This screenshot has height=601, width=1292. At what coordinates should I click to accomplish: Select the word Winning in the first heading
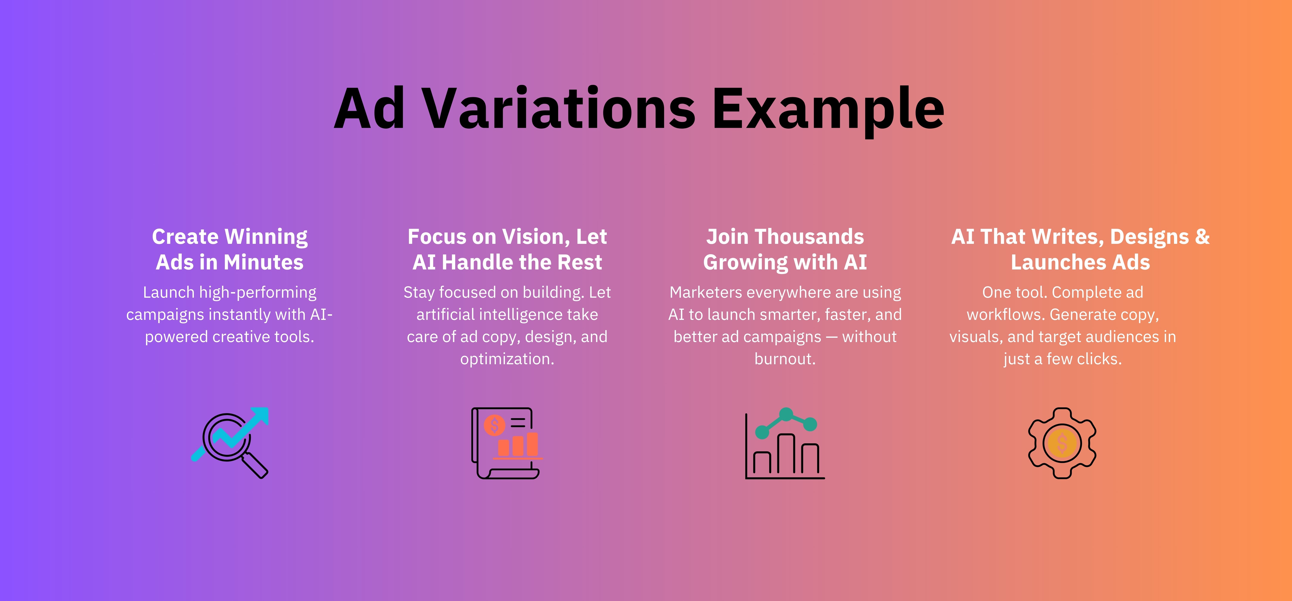click(x=266, y=237)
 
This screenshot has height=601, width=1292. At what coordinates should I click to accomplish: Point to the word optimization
click(x=507, y=359)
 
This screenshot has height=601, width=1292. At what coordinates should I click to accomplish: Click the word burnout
click(x=785, y=359)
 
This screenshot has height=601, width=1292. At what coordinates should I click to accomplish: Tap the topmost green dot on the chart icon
click(x=786, y=414)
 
